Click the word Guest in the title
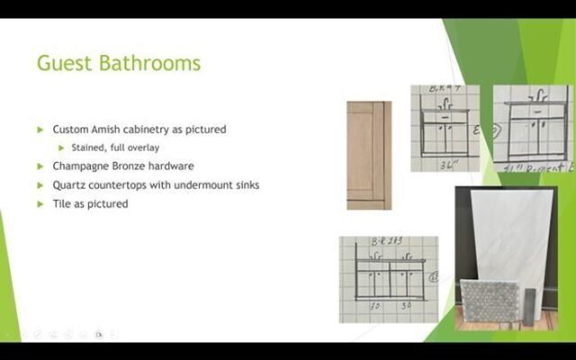tap(64, 64)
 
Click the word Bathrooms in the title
tap(148, 64)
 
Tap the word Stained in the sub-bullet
tap(87, 148)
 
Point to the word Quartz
tap(69, 185)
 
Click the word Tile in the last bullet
tap(62, 204)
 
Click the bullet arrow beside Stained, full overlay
tap(61, 148)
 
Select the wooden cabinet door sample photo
tap(369, 154)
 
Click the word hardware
tap(172, 166)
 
